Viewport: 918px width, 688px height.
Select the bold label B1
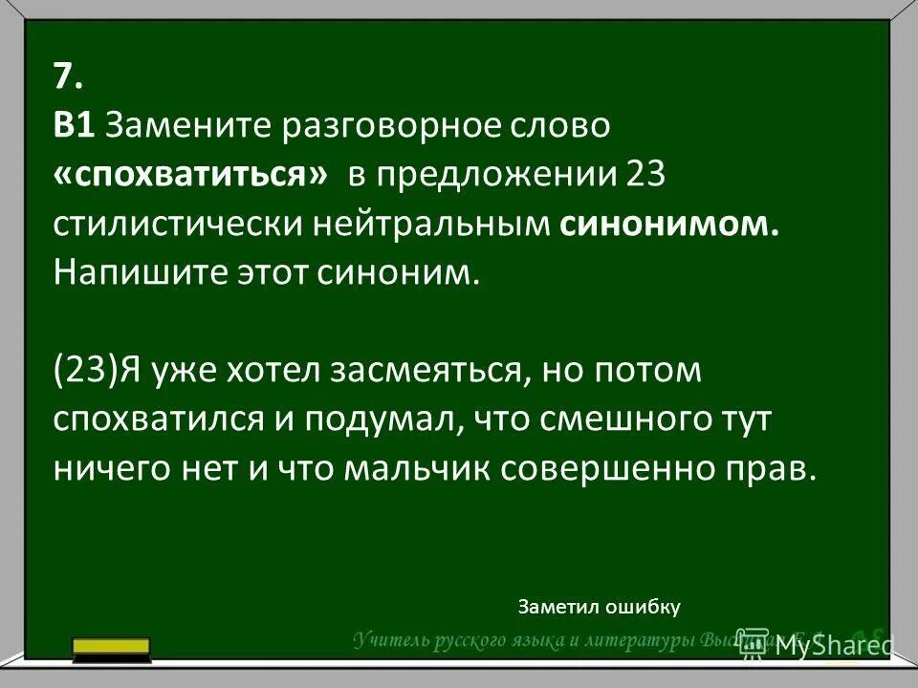(73, 125)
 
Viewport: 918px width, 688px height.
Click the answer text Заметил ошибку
(598, 606)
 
